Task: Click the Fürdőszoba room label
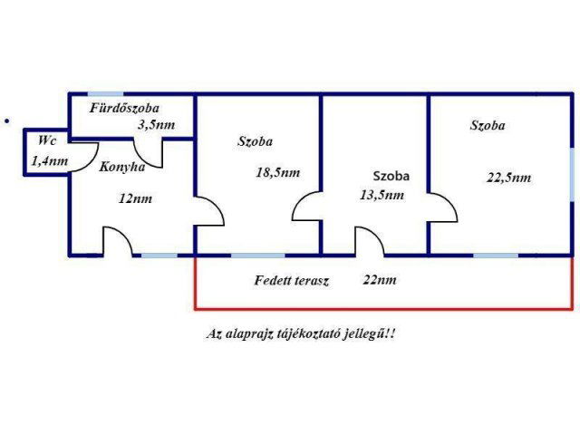point(124,108)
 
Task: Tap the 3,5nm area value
point(156,125)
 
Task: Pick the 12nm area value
point(135,198)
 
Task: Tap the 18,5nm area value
point(278,172)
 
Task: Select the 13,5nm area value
point(381,194)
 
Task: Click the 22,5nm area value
point(508,178)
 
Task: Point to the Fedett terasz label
point(291,280)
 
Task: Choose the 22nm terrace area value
point(379,280)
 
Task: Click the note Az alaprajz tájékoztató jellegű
point(302,333)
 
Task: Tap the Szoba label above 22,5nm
point(488,126)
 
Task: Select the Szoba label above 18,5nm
point(256,141)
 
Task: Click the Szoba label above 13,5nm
point(391,175)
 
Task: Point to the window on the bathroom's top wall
point(105,92)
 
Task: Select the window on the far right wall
point(572,171)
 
